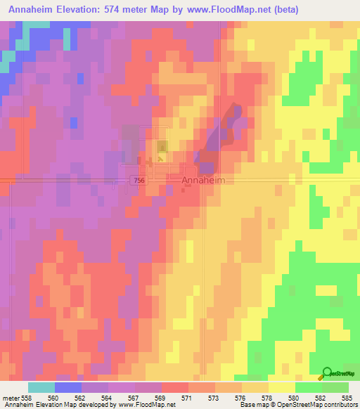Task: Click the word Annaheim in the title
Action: (x=34, y=10)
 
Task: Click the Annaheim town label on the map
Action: (x=205, y=181)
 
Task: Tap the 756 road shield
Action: (x=138, y=181)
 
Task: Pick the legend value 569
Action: (x=160, y=397)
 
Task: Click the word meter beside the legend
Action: (x=11, y=397)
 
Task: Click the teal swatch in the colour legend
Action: (x=41, y=387)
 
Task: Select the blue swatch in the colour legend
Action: (x=68, y=387)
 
